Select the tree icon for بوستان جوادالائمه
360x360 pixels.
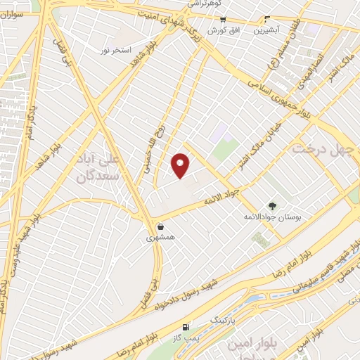tap(272, 207)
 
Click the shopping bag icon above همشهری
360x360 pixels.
tap(162, 227)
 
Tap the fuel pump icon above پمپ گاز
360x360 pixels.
tap(185, 327)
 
